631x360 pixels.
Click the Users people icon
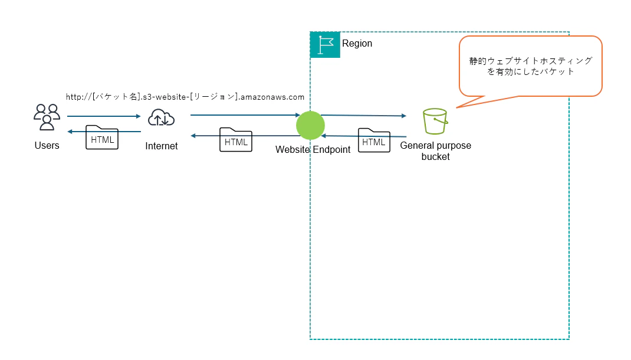pyautogui.click(x=47, y=117)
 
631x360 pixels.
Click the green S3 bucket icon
pyautogui.click(x=435, y=122)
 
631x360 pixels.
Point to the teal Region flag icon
pyautogui.click(x=325, y=44)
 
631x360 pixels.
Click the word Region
pyautogui.click(x=357, y=44)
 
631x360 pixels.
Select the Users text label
pyautogui.click(x=47, y=145)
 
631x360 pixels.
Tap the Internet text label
pyautogui.click(x=161, y=146)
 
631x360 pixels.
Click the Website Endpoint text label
pyautogui.click(x=313, y=150)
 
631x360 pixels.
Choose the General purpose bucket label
pyautogui.click(x=435, y=151)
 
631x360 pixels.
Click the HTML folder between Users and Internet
pyautogui.click(x=102, y=138)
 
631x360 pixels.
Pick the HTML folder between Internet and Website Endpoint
pyautogui.click(x=236, y=140)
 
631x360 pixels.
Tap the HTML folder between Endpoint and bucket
pyautogui.click(x=374, y=140)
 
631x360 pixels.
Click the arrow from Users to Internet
pyautogui.click(x=104, y=116)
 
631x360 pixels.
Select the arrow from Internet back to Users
pyautogui.click(x=104, y=131)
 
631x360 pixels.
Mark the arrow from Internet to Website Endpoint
pyautogui.click(x=245, y=115)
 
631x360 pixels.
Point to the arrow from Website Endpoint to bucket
pyautogui.click(x=363, y=116)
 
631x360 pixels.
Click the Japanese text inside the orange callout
pyautogui.click(x=531, y=66)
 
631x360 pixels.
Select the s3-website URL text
pyautogui.click(x=185, y=96)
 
